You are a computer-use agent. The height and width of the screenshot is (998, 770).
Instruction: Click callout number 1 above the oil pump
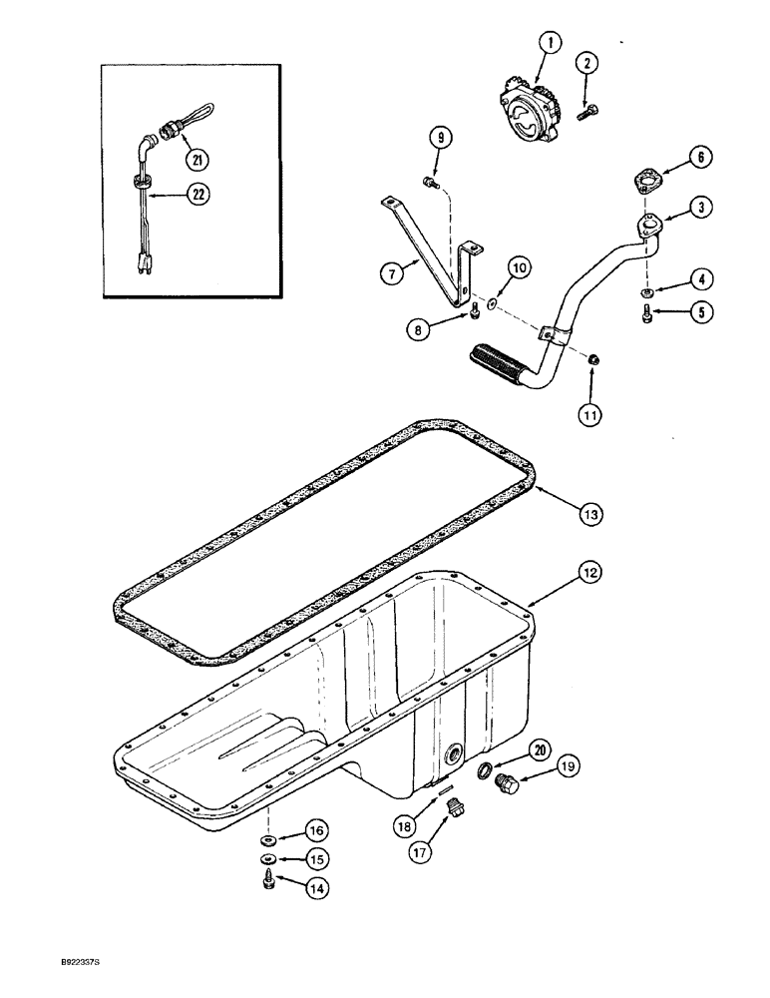tap(551, 43)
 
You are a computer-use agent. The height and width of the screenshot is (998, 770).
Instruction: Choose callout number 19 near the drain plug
tap(569, 766)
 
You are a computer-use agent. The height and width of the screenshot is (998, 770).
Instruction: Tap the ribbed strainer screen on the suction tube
tap(498, 355)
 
